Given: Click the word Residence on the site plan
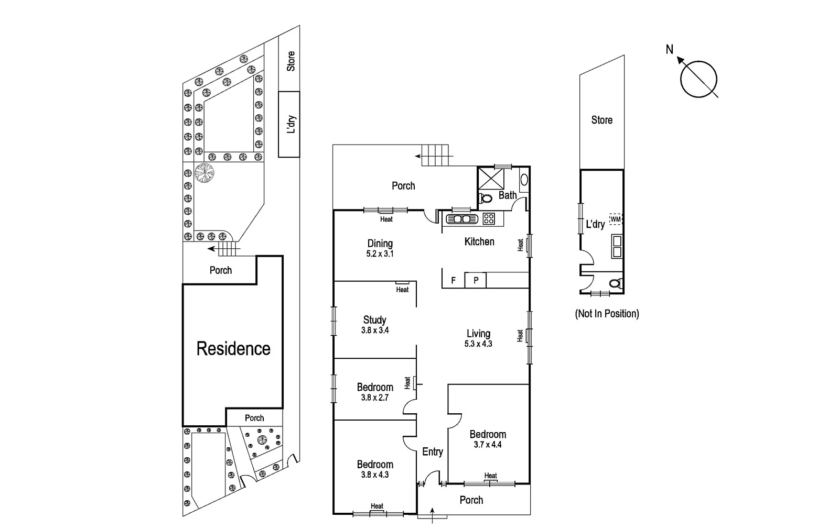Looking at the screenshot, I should [233, 349].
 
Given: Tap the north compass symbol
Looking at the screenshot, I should [698, 79].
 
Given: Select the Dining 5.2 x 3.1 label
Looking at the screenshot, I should [380, 248].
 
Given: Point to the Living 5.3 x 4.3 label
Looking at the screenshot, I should [478, 338].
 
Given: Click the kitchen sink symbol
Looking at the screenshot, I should [461, 218].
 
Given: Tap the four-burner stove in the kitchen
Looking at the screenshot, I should [489, 218].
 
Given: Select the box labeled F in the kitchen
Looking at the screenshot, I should [454, 281].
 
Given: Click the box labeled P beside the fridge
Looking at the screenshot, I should [476, 281].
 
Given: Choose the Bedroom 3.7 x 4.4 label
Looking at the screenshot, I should [488, 439].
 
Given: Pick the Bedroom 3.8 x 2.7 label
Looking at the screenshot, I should [375, 392].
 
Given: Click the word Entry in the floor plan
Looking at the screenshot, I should [433, 451].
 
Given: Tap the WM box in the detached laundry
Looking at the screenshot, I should [616, 219].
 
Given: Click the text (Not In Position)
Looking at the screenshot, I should [607, 314].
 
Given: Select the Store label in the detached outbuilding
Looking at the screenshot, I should [601, 120].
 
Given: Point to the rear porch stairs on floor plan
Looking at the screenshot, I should [436, 156].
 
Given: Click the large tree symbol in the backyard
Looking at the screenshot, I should [204, 172].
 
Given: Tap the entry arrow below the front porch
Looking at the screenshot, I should [432, 514].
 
